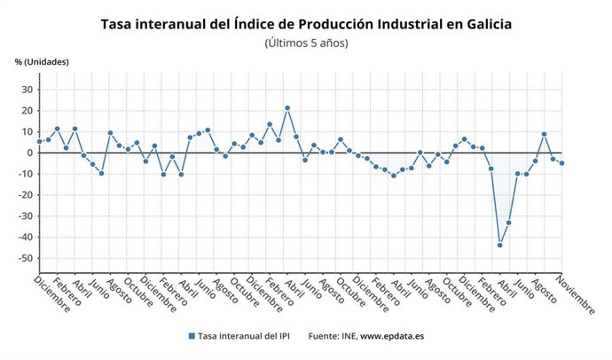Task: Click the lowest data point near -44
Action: [499, 245]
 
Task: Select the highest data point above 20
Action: [287, 108]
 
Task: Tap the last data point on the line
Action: [561, 163]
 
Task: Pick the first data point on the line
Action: [39, 142]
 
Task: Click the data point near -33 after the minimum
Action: [508, 223]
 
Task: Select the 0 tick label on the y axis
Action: [29, 153]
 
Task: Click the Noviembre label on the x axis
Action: [577, 293]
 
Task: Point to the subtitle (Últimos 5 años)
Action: [306, 43]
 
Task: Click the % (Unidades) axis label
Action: [42, 61]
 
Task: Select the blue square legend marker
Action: [192, 337]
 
